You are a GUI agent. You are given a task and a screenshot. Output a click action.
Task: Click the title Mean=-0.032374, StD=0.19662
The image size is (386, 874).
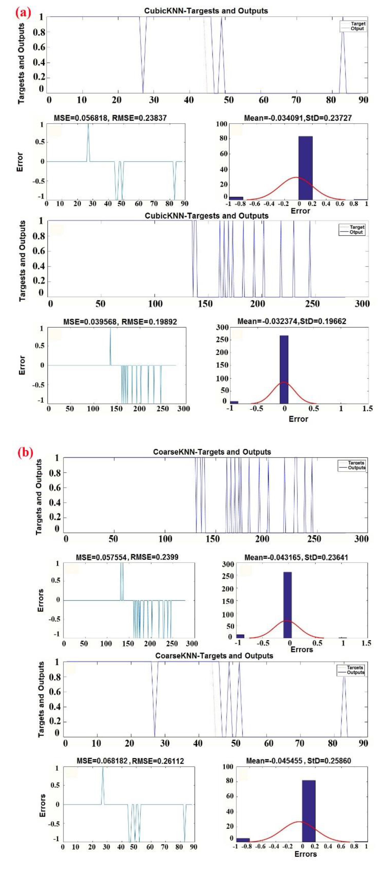coord(292,321)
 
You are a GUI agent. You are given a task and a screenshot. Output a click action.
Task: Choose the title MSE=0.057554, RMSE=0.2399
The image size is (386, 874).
coord(127,557)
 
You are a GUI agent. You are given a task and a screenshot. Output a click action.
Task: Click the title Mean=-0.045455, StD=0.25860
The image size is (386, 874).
coord(298,761)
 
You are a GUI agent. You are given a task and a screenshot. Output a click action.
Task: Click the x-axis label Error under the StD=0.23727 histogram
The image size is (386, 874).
coord(300,211)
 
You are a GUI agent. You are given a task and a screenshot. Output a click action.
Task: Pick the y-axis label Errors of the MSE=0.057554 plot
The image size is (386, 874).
coord(40,601)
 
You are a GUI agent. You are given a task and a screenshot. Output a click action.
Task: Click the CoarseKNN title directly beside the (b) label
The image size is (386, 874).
coord(212,452)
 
